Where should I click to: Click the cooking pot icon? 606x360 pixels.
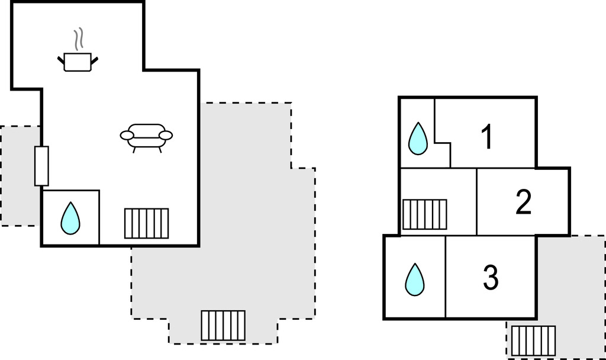pyautogui.click(x=78, y=62)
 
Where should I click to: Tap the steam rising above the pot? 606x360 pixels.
pyautogui.click(x=78, y=40)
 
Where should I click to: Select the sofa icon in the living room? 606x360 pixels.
pyautogui.click(x=146, y=136)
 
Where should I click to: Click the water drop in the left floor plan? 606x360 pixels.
pyautogui.click(x=70, y=218)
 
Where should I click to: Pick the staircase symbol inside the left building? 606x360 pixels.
pyautogui.click(x=146, y=223)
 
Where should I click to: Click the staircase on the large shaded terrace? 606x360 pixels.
pyautogui.click(x=223, y=325)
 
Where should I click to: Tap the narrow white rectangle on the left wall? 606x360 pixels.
pyautogui.click(x=41, y=166)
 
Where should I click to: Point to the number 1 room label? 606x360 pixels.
pyautogui.click(x=486, y=137)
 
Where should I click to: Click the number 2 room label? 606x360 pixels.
pyautogui.click(x=523, y=202)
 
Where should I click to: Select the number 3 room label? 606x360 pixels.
pyautogui.click(x=490, y=278)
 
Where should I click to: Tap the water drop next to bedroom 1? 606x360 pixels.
pyautogui.click(x=418, y=139)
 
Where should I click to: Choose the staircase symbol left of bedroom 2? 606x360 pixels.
pyautogui.click(x=424, y=214)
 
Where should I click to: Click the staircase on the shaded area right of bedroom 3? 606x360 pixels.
pyautogui.click(x=533, y=340)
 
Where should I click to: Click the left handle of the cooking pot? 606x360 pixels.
pyautogui.click(x=61, y=58)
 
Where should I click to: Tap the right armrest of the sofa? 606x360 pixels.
pyautogui.click(x=166, y=136)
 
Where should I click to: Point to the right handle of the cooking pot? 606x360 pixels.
pyautogui.click(x=94, y=58)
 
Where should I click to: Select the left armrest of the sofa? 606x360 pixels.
pyautogui.click(x=127, y=136)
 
